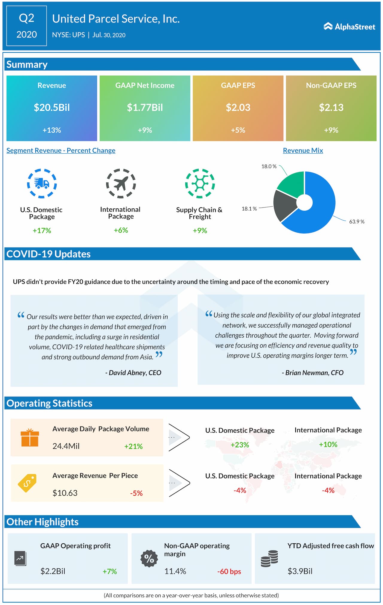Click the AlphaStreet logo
pyautogui.click(x=349, y=27)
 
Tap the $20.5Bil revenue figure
pyautogui.click(x=52, y=107)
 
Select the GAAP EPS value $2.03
pyautogui.click(x=238, y=107)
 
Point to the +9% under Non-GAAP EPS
pyautogui.click(x=331, y=130)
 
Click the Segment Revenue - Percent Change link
pyautogui.click(x=61, y=151)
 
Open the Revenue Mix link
pyautogui.click(x=303, y=151)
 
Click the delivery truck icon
pyautogui.click(x=42, y=183)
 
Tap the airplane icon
pyautogui.click(x=121, y=183)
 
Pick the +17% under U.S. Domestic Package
pyautogui.click(x=42, y=231)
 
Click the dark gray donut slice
pyautogui.click(x=284, y=205)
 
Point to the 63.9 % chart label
pyautogui.click(x=357, y=222)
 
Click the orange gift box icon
pyautogui.click(x=30, y=438)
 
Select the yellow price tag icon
pyautogui.click(x=27, y=483)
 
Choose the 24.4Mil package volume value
pyautogui.click(x=66, y=446)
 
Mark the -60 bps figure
pyautogui.click(x=229, y=571)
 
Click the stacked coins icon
pyautogui.click(x=269, y=559)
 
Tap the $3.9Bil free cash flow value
pyautogui.click(x=300, y=571)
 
